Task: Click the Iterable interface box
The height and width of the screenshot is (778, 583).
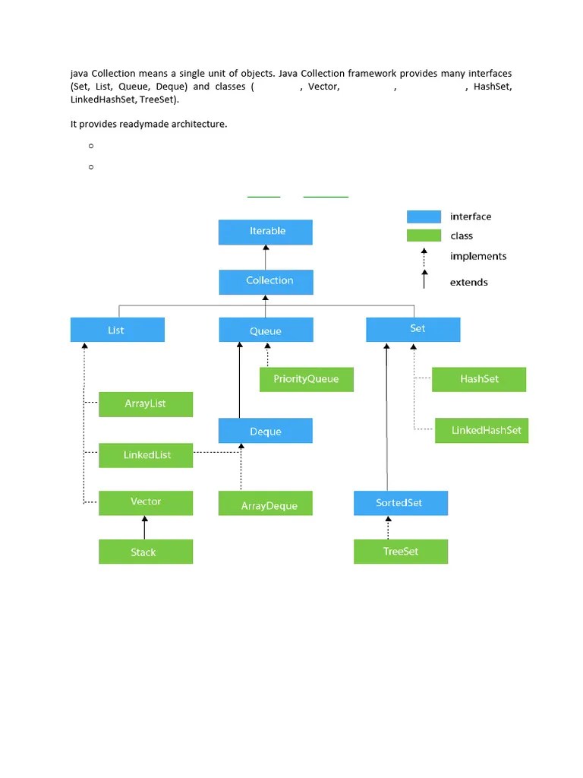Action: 265,232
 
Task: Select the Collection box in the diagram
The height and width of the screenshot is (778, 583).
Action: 266,282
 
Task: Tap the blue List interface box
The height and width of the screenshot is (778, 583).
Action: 117,330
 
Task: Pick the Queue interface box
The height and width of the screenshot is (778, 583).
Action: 266,330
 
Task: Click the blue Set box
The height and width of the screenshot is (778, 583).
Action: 413,330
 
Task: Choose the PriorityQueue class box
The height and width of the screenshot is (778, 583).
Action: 306,379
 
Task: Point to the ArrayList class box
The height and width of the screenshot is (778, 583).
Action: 146,404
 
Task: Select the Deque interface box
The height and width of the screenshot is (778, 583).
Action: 265,431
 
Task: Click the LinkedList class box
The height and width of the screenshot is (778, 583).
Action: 146,455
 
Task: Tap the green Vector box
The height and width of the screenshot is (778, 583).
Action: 146,502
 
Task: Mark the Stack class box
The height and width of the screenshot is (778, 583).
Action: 146,552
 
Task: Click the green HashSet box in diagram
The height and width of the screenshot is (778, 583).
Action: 478,379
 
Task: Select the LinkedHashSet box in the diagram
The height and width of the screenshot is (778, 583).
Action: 481,431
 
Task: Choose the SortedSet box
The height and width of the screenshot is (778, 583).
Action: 400,503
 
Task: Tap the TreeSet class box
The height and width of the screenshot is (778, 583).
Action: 400,552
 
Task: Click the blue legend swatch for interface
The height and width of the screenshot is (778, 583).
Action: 424,217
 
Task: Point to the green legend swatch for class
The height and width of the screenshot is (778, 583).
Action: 424,236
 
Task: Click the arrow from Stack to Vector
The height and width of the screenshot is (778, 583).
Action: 145,527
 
